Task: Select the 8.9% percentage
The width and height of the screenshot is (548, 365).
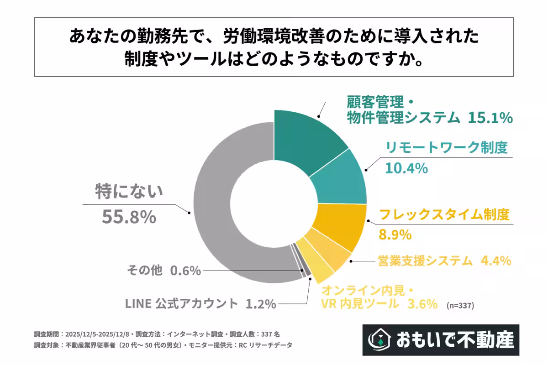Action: click(395, 235)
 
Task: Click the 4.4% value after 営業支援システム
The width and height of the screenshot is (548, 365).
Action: click(495, 261)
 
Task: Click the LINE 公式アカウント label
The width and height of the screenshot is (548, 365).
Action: click(181, 303)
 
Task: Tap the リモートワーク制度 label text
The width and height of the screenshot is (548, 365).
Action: click(447, 148)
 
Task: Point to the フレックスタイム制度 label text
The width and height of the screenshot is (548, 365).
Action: click(444, 215)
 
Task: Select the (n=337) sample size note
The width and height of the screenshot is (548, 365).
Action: click(460, 306)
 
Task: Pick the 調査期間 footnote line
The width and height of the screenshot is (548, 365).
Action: click(160, 334)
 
